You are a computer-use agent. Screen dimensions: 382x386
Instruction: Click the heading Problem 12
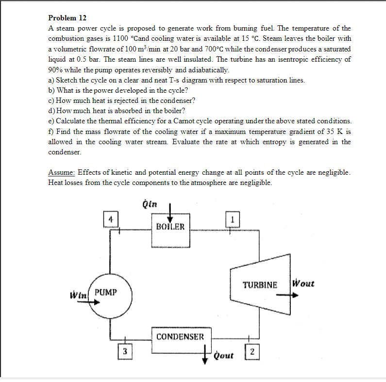click(67, 18)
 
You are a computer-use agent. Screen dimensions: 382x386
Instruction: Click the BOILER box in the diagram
click(170, 227)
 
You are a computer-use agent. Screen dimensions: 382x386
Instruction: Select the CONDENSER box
click(180, 336)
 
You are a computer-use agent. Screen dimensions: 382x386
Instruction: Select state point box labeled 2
click(252, 352)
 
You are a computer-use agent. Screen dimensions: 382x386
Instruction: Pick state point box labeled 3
click(125, 351)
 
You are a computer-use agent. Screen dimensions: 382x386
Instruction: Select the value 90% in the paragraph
click(56, 69)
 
